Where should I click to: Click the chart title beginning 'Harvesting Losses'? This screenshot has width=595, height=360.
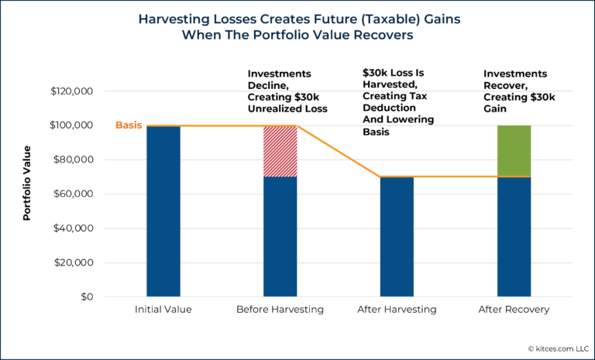point(297,27)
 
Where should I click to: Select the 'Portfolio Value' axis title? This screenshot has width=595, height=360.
point(27,183)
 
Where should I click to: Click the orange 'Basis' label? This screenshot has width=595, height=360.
point(128,125)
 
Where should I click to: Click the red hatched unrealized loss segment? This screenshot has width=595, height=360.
point(280,151)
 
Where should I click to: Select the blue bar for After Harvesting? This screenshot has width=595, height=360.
point(397,237)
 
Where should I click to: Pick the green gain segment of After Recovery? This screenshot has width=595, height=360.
point(514,151)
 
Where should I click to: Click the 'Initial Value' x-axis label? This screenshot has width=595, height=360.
point(163,310)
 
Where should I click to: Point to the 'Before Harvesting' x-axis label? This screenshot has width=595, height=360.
point(280,310)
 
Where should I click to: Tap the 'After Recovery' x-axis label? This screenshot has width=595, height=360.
point(514,310)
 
